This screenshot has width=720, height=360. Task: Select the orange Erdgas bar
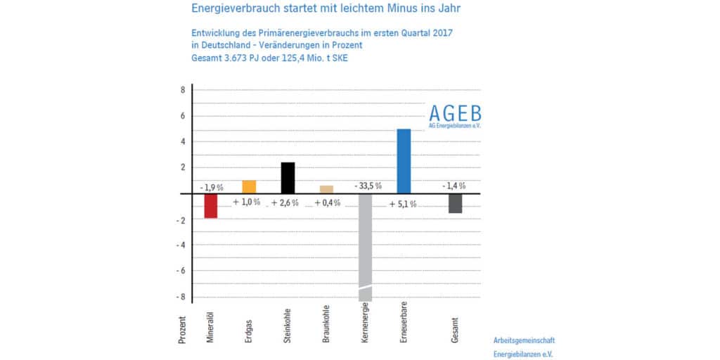(x=249, y=187)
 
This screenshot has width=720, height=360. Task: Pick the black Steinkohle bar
(x=288, y=178)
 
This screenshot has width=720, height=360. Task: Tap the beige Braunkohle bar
(x=326, y=189)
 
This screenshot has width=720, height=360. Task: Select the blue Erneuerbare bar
(x=404, y=161)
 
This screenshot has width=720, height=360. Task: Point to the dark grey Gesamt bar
(x=455, y=203)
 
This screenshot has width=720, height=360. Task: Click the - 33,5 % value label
(x=368, y=186)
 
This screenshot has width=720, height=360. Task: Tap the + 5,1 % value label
(x=403, y=204)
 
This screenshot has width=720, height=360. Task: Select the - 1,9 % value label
(x=211, y=188)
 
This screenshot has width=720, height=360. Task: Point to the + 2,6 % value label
(x=285, y=202)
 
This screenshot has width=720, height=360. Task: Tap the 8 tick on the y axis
(x=182, y=90)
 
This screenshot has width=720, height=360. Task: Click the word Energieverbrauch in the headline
(x=233, y=8)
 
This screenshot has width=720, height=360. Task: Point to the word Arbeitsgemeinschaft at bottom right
(x=524, y=340)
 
